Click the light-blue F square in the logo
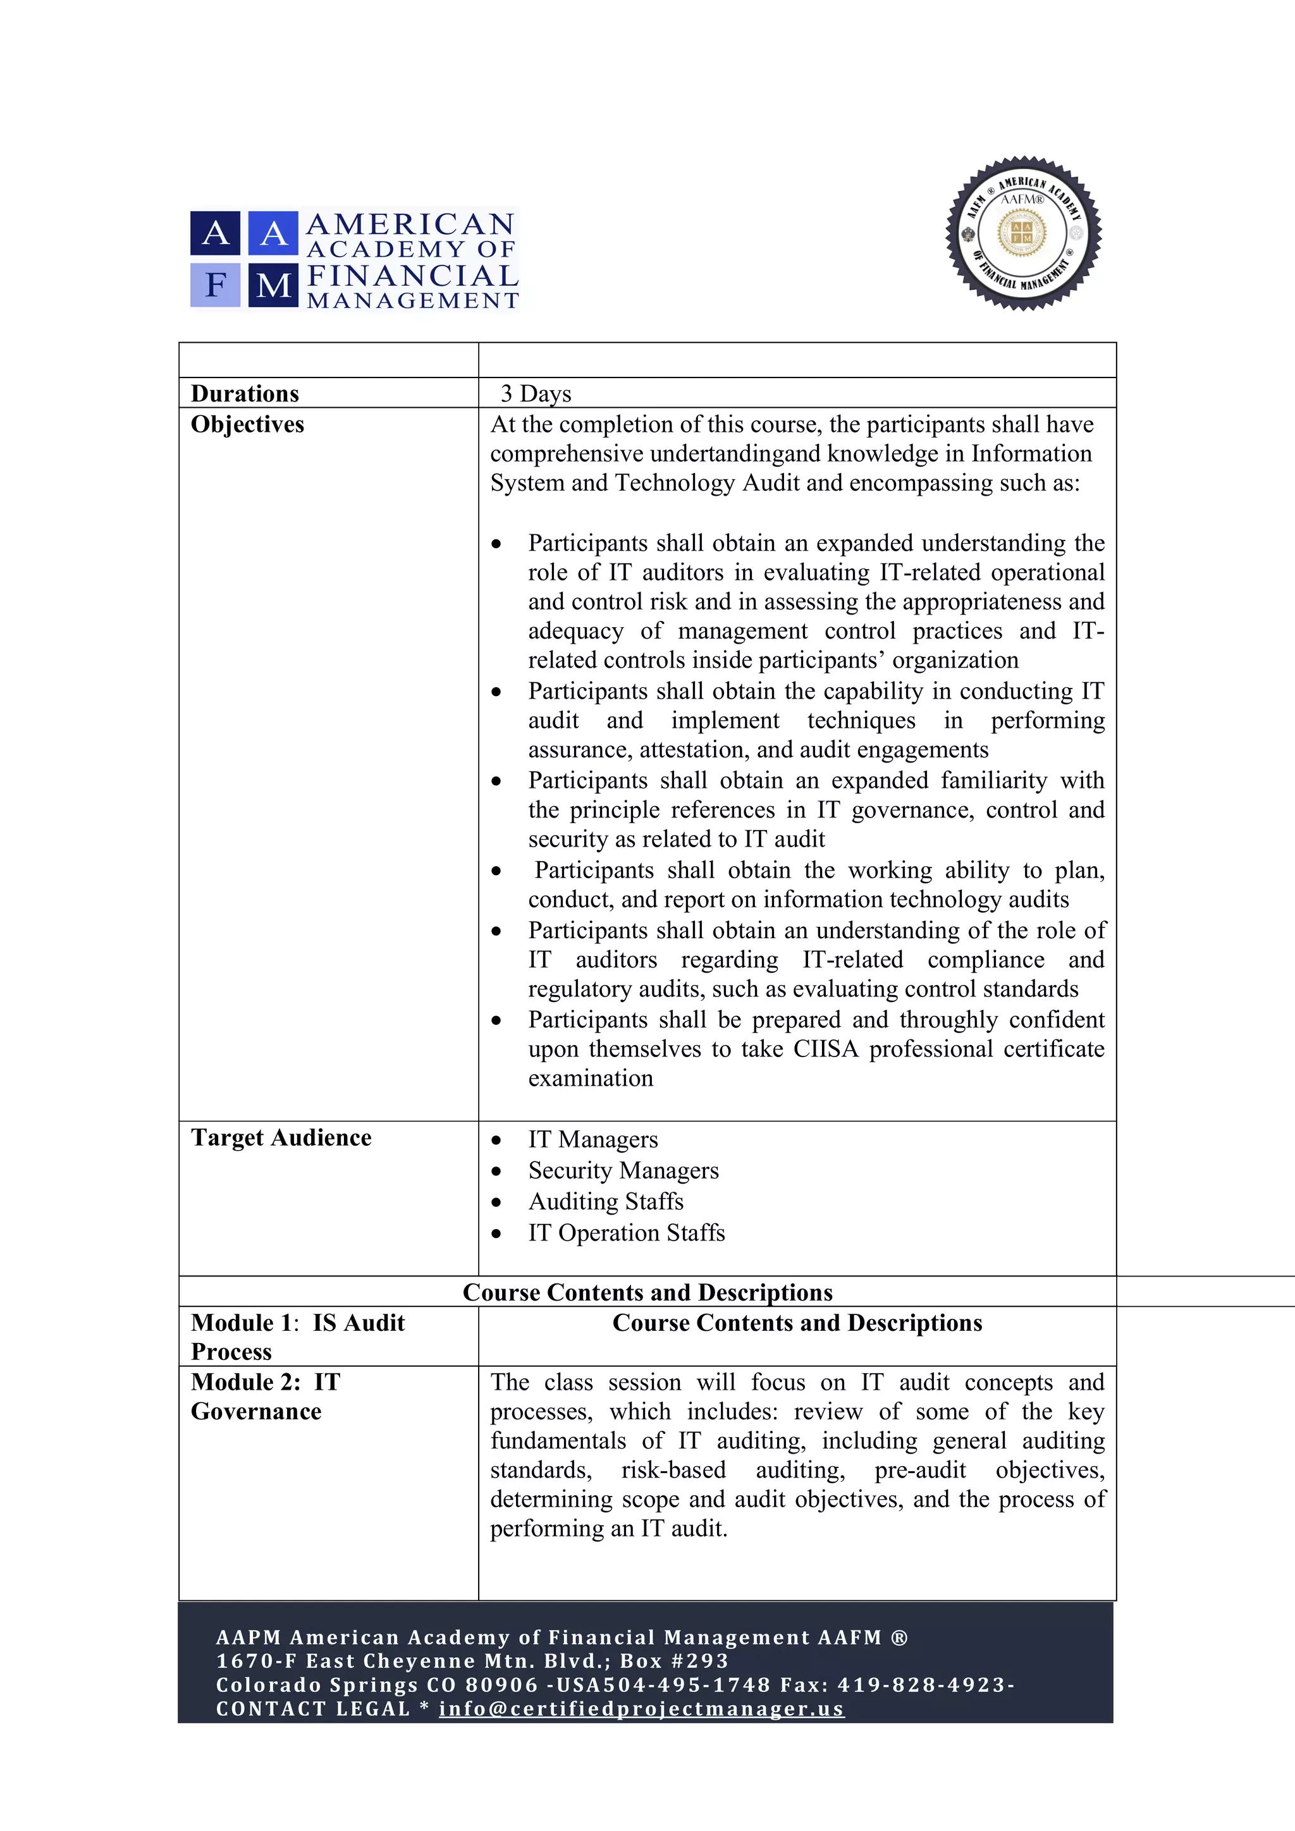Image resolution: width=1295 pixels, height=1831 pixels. pos(214,285)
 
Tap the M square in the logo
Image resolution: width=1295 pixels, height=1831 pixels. pos(274,285)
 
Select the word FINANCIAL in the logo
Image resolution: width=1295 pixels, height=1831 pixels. pos(412,276)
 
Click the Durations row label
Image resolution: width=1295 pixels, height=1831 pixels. pos(245,393)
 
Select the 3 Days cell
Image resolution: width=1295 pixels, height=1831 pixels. pos(536,393)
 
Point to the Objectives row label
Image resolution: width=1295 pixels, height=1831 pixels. pos(247,424)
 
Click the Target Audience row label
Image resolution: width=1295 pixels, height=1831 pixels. pos(281,1138)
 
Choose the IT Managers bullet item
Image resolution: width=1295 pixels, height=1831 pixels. pos(592,1139)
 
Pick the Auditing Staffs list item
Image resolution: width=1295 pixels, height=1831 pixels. pos(605,1202)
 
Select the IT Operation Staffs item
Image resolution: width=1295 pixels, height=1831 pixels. pos(626,1233)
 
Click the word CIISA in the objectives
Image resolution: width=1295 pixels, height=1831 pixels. pos(825,1050)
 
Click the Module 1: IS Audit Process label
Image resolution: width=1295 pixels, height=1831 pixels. pos(297,1337)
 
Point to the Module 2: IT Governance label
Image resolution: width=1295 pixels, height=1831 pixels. pos(265,1397)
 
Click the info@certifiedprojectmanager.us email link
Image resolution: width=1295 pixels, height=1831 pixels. pos(641,1709)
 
